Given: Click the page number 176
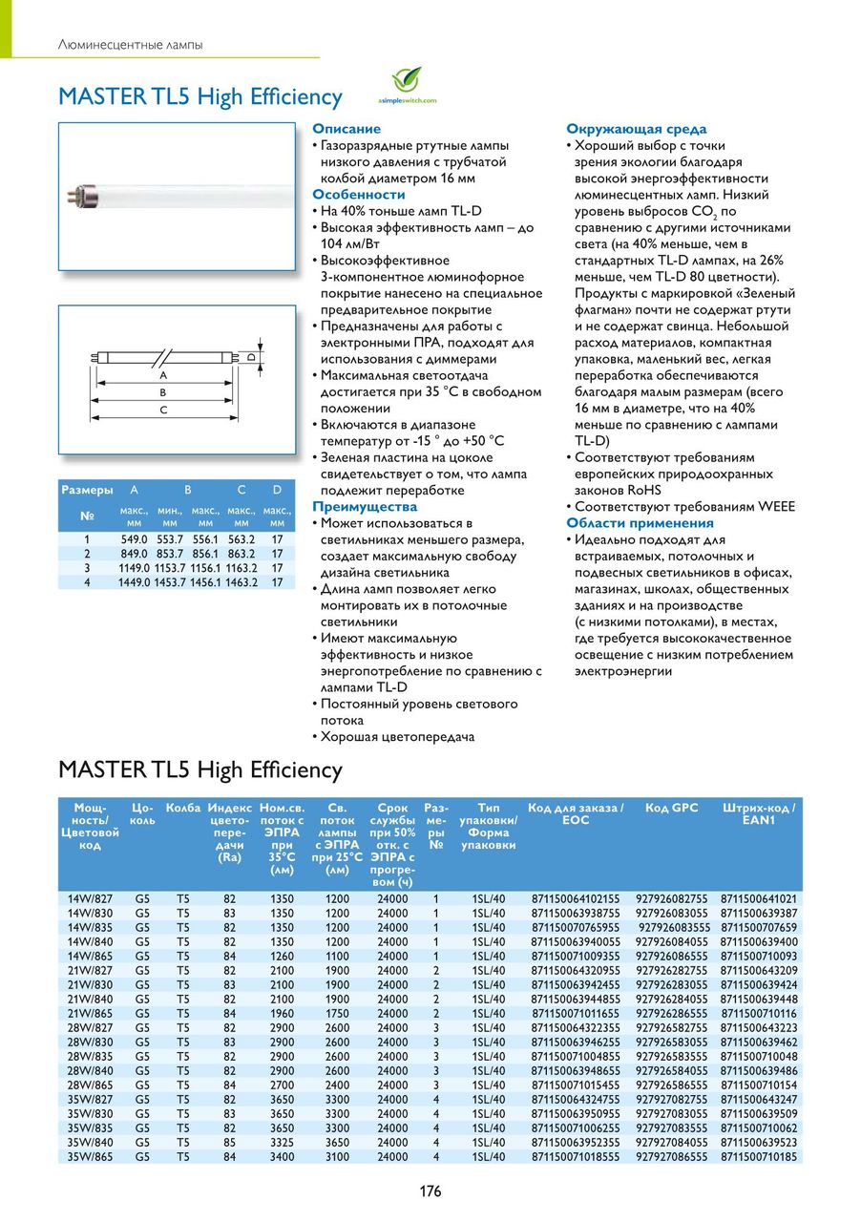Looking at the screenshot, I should pos(430,1190).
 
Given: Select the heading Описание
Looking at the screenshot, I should pos(346,129).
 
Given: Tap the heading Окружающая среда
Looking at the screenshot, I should pos(637,129).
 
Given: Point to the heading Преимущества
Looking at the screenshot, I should pos(365,506).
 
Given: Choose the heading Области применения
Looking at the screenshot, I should pos(640,522).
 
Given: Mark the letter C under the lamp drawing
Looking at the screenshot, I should pos(163,410).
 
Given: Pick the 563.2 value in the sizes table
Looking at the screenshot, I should pos(241,538).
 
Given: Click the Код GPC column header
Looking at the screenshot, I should pos(671,808).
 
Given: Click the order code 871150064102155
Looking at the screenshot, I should pos(576,898).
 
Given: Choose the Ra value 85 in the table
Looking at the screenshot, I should pos(229,1142).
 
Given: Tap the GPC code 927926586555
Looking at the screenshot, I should pos(672,1085).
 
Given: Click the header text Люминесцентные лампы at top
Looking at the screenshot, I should pos(130,45).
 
